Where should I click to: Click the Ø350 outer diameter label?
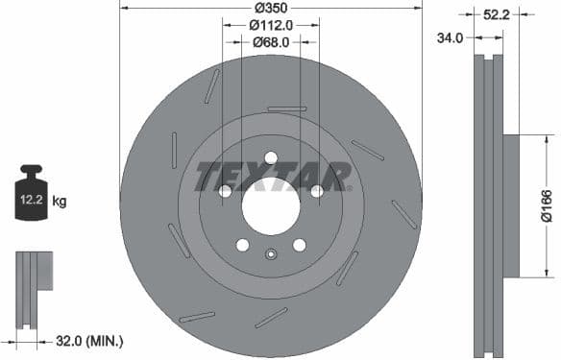click(271, 9)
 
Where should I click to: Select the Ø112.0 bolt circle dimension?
click(271, 25)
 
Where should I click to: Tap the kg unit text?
click(60, 201)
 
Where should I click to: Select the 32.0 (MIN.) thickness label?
click(90, 340)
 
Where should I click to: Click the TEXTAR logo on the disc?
click(271, 176)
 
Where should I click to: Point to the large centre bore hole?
click(271, 204)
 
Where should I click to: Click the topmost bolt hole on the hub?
click(271, 158)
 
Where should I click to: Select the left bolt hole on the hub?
click(226, 191)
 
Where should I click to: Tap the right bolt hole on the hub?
click(316, 191)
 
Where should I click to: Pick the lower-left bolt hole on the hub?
click(243, 245)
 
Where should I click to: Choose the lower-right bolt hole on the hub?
click(299, 245)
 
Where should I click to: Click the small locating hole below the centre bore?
click(271, 254)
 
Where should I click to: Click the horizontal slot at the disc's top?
click(286, 108)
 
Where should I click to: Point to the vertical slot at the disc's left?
click(174, 150)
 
